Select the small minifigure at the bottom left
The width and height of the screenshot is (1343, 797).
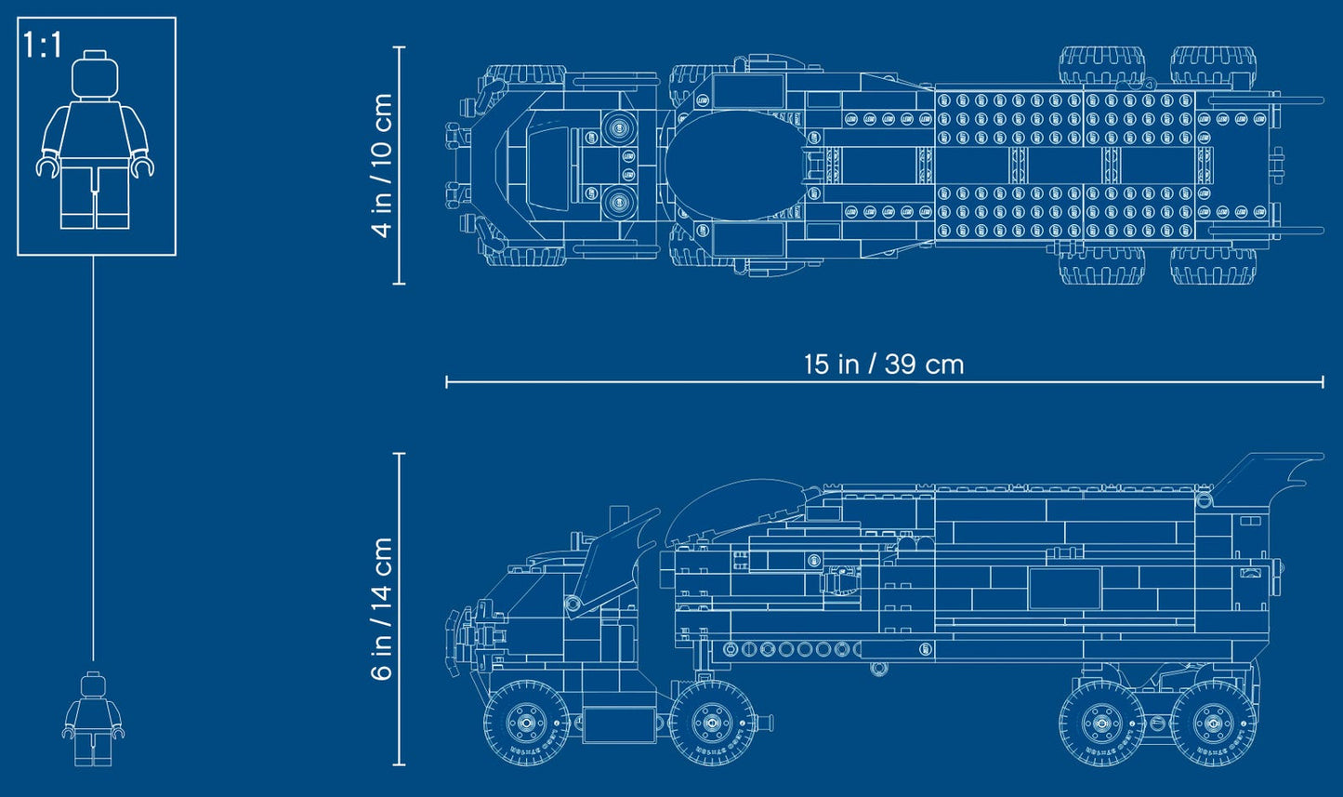coord(92,718)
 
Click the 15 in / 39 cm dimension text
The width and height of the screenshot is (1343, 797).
coord(883,364)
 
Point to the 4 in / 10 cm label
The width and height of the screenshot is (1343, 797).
coord(382,166)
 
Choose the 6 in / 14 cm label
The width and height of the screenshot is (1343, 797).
coord(382,609)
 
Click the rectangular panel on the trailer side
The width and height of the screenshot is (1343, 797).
coord(1064,589)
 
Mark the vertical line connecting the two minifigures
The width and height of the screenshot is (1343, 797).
coord(93,456)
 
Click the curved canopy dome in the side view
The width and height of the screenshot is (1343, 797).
coord(730,507)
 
